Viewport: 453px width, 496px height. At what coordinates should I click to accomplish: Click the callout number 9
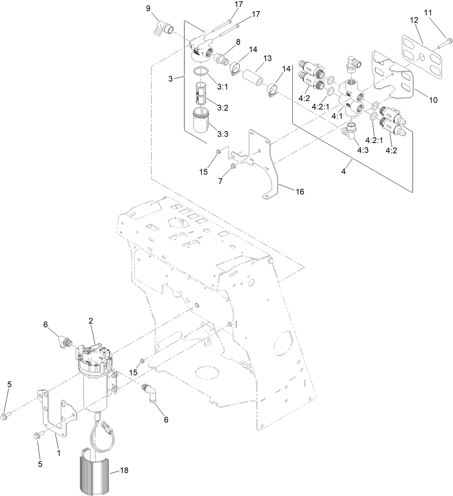pyautogui.click(x=148, y=8)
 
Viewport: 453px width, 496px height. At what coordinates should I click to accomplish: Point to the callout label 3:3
pyautogui.click(x=223, y=134)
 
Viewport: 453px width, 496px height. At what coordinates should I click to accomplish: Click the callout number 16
pyautogui.click(x=300, y=192)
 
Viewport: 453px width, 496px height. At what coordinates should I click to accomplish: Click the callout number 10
pyautogui.click(x=433, y=100)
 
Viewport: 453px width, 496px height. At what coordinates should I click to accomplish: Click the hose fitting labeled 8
pyautogui.click(x=220, y=58)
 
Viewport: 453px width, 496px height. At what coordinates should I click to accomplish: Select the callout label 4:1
pyautogui.click(x=337, y=117)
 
